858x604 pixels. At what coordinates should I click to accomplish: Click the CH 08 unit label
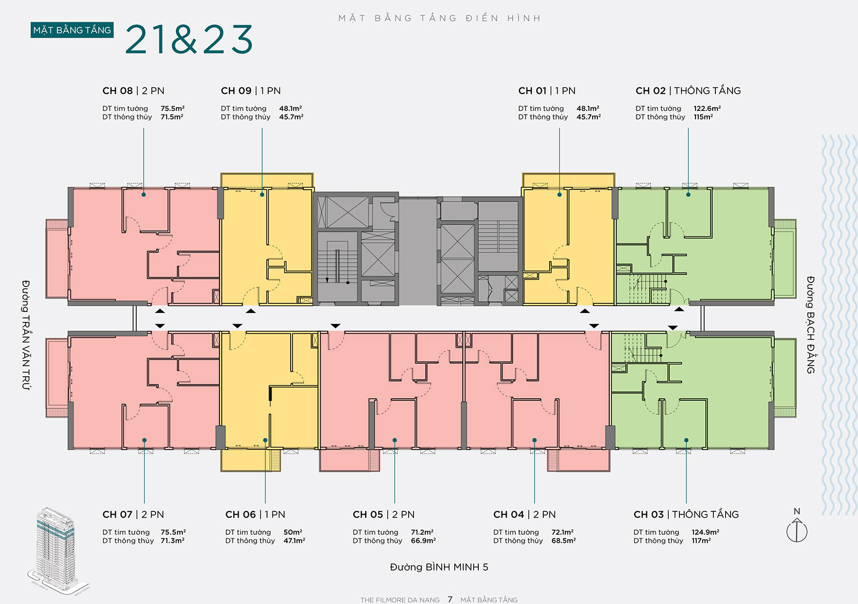117,91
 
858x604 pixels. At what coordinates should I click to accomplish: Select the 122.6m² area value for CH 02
707,108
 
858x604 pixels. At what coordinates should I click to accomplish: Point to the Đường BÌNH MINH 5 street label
439,567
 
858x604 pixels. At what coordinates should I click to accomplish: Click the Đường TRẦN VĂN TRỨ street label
26,335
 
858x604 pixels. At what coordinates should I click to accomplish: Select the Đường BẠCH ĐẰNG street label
810,325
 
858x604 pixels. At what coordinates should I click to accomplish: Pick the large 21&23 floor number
188,39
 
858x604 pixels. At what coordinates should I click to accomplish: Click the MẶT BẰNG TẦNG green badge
72,30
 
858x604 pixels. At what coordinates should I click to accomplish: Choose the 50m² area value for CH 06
293,532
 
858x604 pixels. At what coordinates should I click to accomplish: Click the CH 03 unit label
648,514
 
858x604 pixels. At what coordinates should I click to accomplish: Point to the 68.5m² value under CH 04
564,540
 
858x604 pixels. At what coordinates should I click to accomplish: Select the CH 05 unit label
368,514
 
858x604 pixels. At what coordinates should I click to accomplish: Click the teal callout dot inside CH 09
262,195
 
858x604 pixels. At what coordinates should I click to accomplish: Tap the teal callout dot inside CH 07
144,440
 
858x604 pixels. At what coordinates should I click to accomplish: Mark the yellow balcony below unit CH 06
250,460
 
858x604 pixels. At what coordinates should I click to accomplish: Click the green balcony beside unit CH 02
785,258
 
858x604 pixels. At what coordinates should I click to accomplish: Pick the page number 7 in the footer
450,599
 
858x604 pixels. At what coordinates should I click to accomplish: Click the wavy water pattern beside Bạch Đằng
839,325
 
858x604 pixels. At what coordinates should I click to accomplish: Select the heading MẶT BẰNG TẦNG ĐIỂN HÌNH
439,18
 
